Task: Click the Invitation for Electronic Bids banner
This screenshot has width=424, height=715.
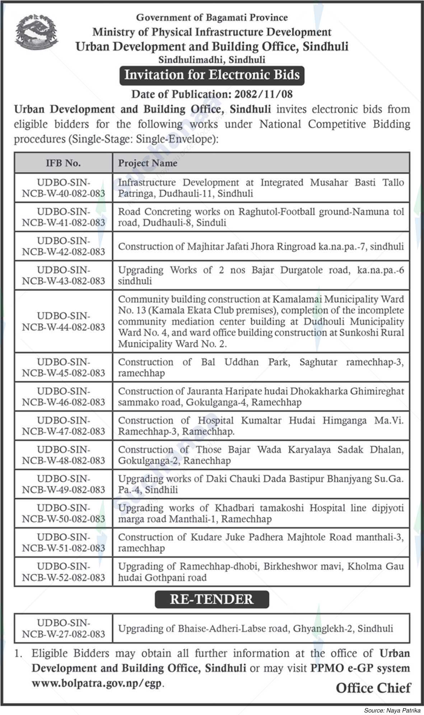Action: (212, 75)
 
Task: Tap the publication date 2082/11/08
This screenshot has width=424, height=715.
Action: (263, 94)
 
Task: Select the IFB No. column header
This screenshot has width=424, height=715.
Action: (63, 163)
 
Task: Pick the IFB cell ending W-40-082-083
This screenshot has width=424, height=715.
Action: (64, 188)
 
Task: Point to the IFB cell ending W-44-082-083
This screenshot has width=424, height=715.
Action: (64, 321)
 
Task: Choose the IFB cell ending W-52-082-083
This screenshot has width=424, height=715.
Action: (64, 572)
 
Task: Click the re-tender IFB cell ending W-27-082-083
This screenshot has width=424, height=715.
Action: (64, 628)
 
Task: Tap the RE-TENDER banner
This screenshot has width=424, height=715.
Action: (212, 599)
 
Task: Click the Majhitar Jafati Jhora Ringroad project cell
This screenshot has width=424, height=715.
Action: (261, 246)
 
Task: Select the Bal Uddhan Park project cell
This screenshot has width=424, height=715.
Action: (261, 367)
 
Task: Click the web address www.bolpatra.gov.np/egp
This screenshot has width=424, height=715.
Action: (97, 683)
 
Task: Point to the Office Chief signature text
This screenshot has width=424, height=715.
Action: (373, 688)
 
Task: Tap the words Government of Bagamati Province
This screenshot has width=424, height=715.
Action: (212, 17)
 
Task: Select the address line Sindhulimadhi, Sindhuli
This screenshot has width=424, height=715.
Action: (212, 59)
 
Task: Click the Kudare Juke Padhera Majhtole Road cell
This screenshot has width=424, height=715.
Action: (261, 542)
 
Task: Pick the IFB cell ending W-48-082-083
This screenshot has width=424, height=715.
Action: (64, 455)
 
